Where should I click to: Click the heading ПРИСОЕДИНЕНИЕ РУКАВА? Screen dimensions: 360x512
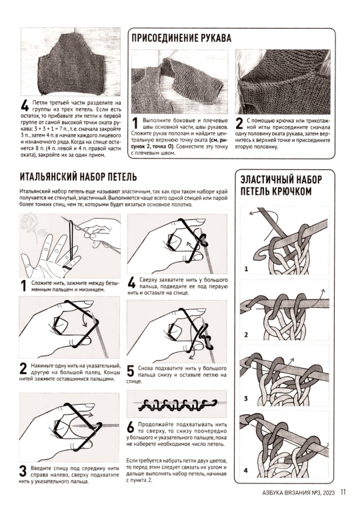tap(181, 38)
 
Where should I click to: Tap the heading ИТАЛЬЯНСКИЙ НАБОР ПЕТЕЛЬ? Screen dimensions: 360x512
tap(78, 177)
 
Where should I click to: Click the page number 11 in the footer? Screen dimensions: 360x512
tap(343, 492)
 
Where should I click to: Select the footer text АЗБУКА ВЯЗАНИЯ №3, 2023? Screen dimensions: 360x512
tap(298, 493)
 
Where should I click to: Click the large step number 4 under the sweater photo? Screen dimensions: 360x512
tap(25, 105)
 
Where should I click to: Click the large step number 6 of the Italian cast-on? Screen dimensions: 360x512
tap(131, 427)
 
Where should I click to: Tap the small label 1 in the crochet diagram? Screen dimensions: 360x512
tap(246, 269)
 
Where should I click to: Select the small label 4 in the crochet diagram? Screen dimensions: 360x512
tap(246, 470)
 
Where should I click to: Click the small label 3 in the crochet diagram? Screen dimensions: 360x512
tap(246, 399)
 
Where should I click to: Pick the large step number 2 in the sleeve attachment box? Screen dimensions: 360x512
tap(239, 124)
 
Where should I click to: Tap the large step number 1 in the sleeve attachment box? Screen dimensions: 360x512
tap(135, 124)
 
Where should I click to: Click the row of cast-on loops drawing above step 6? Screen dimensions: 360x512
tap(176, 405)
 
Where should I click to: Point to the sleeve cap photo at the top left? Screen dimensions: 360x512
tap(71, 61)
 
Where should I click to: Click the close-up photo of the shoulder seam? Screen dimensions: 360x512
tap(283, 81)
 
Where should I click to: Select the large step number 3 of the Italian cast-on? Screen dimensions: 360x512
tap(23, 471)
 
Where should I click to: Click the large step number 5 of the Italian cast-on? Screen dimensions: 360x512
tap(131, 371)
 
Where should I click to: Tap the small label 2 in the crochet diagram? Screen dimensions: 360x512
tap(246, 335)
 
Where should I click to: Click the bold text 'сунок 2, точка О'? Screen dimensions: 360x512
tap(151, 146)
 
